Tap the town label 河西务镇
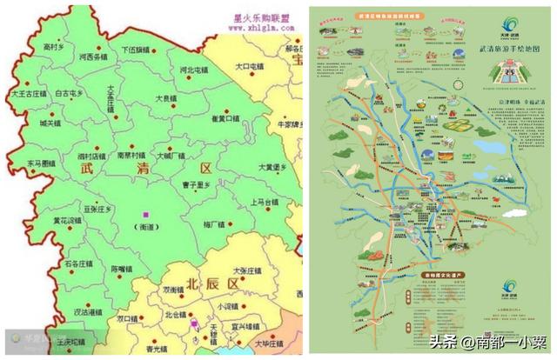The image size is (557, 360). pyautogui.click(x=91, y=57)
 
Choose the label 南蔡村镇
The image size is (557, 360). pyautogui.click(x=131, y=155)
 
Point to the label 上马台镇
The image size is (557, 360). pyautogui.click(x=264, y=202)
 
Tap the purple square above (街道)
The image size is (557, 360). pyautogui.click(x=147, y=214)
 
